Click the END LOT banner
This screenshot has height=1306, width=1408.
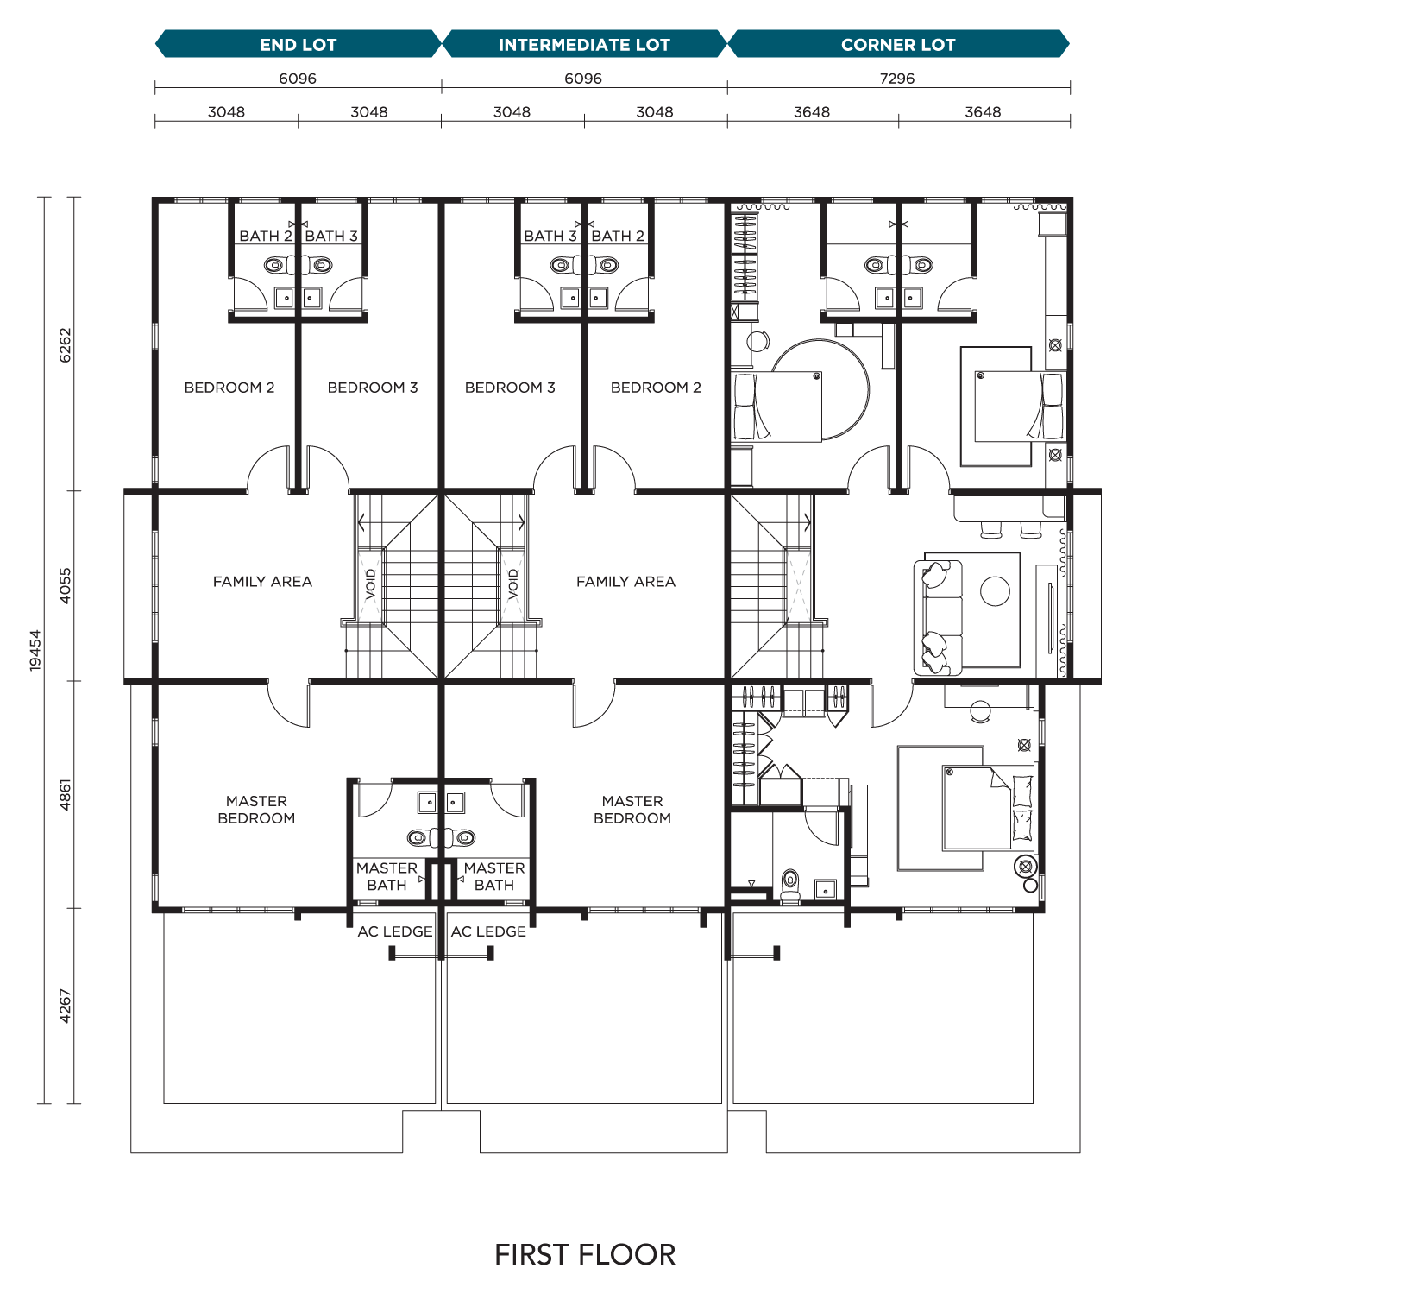298,44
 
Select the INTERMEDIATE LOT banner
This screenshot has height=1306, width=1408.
584,44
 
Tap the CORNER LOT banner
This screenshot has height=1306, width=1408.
898,44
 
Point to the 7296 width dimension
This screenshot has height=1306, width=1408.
897,79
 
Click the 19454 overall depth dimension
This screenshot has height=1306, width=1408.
35,650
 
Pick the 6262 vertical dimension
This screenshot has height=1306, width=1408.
66,344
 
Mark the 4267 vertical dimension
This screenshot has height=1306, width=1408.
66,1006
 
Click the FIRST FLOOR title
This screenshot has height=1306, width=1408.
585,1255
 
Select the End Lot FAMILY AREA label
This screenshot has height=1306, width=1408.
262,582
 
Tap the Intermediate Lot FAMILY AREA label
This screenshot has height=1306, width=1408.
625,582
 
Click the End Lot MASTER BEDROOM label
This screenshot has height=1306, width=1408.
256,810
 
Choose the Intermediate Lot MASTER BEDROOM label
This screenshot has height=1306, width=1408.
632,810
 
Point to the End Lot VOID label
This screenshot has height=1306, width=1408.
371,584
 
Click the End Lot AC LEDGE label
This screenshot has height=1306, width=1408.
395,931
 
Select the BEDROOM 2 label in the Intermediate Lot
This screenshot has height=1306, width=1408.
656,388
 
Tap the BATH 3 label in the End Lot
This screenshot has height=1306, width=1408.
331,236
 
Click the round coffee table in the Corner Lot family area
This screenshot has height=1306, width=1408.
995,591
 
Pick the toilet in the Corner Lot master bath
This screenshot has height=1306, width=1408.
790,886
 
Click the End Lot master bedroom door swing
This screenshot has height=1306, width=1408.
288,703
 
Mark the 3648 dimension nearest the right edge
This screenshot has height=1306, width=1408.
983,112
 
